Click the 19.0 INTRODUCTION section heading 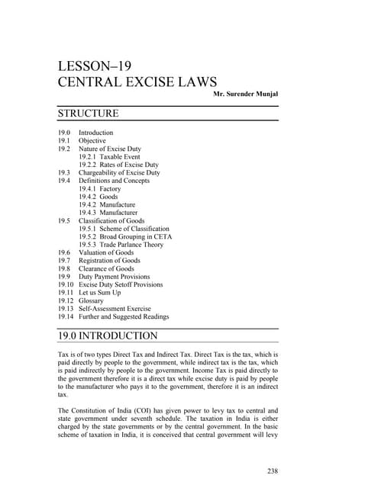point(108,335)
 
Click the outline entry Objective point(92,141)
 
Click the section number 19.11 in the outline point(65,293)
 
